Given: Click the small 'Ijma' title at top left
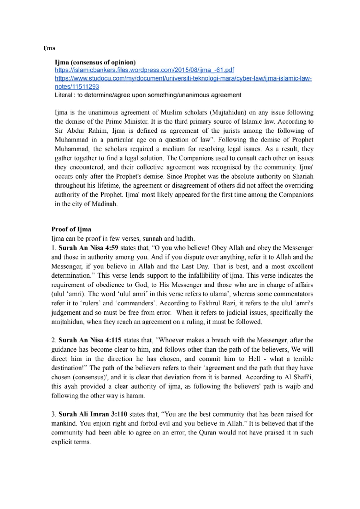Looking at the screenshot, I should coord(49,48).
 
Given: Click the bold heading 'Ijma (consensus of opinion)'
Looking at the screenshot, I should coord(95,62).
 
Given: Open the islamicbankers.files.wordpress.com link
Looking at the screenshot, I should coord(144,70).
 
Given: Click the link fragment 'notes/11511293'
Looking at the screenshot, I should coord(77,87).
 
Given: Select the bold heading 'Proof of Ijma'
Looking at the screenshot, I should coord(71,229).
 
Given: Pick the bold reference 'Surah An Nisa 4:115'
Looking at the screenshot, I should coord(90,340).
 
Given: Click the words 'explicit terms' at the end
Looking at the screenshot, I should coord(70,442).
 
